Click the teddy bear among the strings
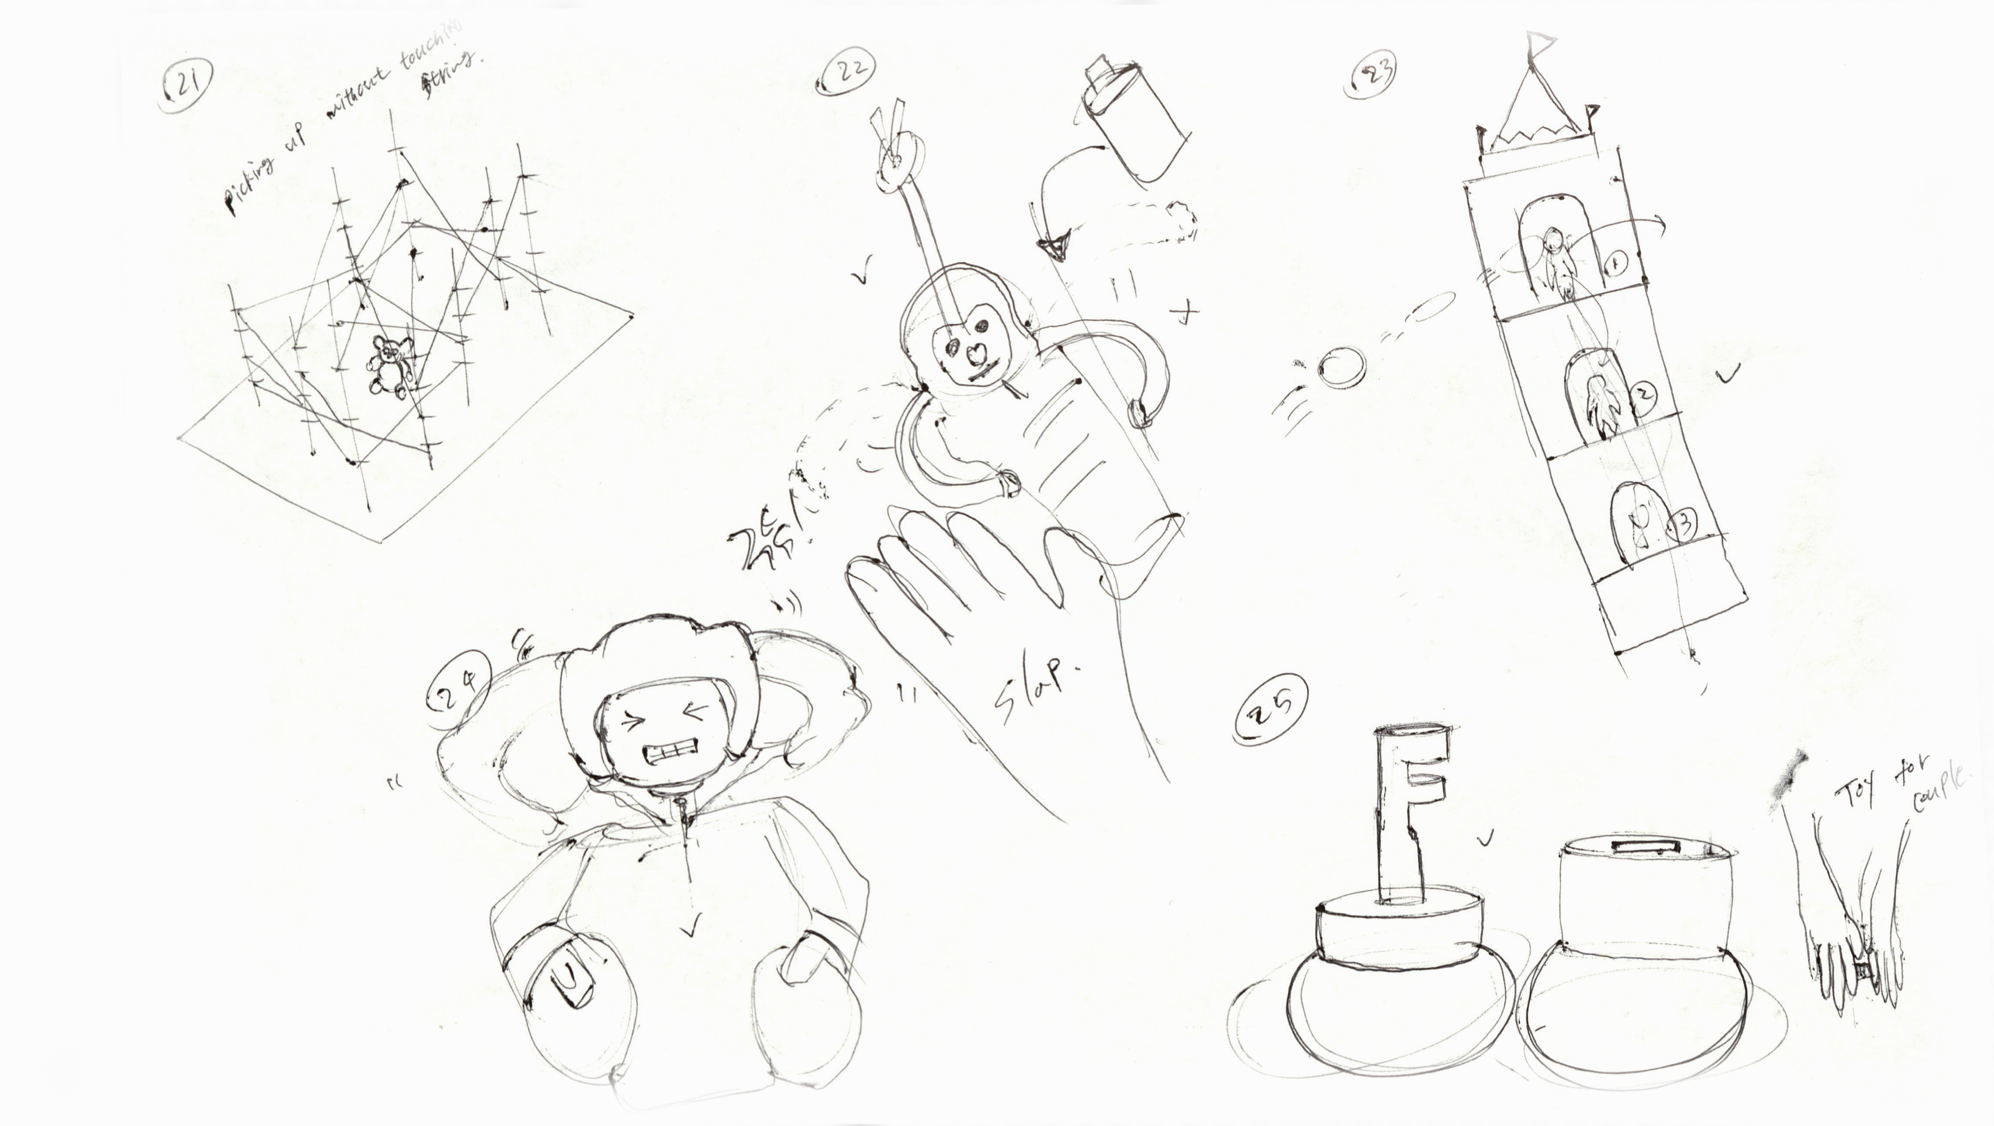[389, 365]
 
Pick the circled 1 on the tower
[1616, 265]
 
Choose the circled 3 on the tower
[1681, 524]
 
